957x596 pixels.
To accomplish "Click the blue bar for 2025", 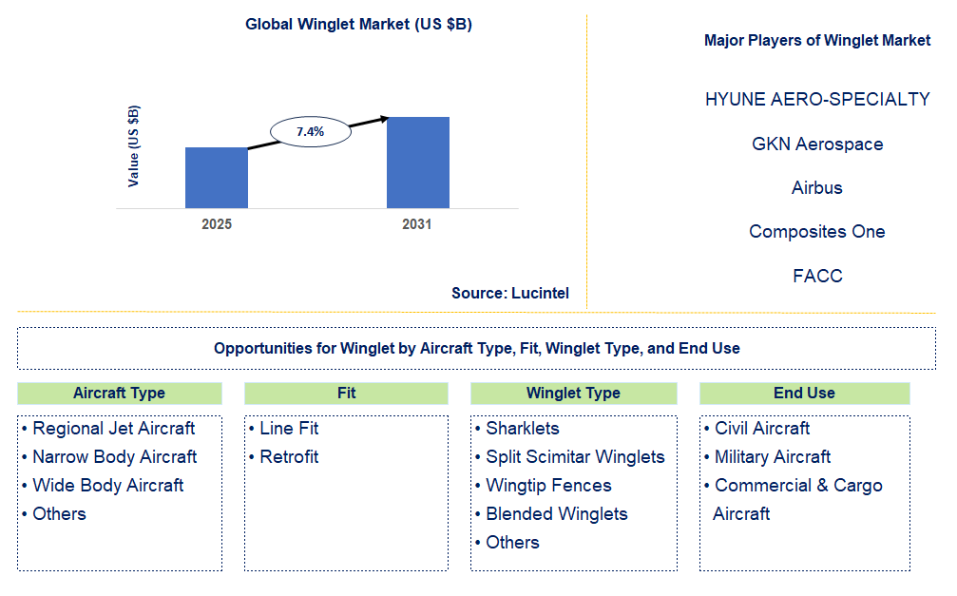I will tap(216, 178).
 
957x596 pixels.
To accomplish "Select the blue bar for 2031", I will tap(417, 163).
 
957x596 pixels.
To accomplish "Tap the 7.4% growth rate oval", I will tap(310, 132).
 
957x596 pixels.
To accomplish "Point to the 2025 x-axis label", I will tap(217, 224).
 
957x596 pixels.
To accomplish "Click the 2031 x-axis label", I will tap(416, 224).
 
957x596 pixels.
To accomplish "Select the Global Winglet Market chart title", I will tap(358, 25).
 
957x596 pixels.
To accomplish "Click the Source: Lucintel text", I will tap(510, 293).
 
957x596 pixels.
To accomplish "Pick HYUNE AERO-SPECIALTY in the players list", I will tap(817, 100).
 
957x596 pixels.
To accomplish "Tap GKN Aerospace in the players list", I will tap(817, 144).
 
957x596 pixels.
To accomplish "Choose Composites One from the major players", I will tap(817, 232).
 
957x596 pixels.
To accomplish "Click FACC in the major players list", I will tap(817, 277).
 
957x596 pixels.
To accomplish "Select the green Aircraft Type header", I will tap(120, 394).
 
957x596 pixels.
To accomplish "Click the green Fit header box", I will tap(346, 394).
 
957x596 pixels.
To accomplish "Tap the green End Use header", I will tap(804, 394).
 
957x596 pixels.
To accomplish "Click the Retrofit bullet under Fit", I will tap(289, 457).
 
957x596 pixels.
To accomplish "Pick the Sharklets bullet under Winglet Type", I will tap(522, 429).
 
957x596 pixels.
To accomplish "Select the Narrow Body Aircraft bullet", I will tap(114, 457).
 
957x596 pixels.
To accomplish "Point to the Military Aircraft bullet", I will tap(772, 457).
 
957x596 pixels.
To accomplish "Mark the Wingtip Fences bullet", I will tap(548, 486).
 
